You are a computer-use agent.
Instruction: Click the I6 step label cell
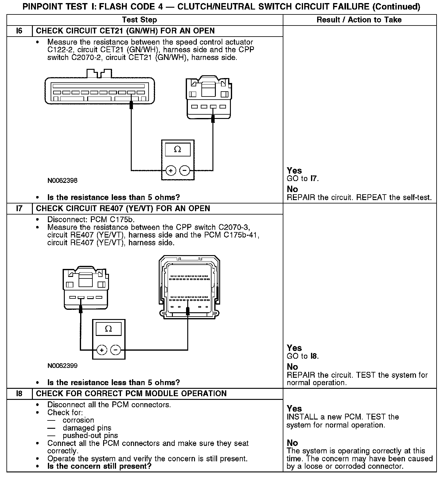tap(19, 31)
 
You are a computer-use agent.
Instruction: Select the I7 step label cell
tap(19, 209)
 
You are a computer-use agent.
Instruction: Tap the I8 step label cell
tap(19, 394)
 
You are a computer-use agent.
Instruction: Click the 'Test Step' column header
tap(139, 20)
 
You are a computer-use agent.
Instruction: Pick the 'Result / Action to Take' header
tap(359, 20)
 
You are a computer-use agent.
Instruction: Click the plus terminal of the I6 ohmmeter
tap(171, 170)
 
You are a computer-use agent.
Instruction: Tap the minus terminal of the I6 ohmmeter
tap(184, 170)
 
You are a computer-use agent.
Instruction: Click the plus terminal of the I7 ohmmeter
tap(102, 350)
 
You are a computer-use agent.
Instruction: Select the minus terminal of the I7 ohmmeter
tap(115, 350)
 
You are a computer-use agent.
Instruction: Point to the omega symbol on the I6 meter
tap(177, 150)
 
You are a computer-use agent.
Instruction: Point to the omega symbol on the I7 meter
tap(108, 329)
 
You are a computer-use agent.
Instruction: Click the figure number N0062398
tap(62, 180)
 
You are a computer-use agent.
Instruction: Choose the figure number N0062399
tap(62, 366)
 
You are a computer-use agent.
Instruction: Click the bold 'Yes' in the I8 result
tap(294, 409)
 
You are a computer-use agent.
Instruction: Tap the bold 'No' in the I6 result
tap(292, 189)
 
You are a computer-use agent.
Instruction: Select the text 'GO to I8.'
tap(303, 356)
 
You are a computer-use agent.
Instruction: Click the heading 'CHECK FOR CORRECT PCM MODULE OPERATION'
tap(131, 394)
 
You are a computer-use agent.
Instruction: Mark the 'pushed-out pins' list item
tap(90, 436)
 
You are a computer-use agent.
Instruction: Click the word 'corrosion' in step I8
tap(78, 420)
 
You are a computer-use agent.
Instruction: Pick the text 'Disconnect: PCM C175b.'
tap(91, 220)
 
